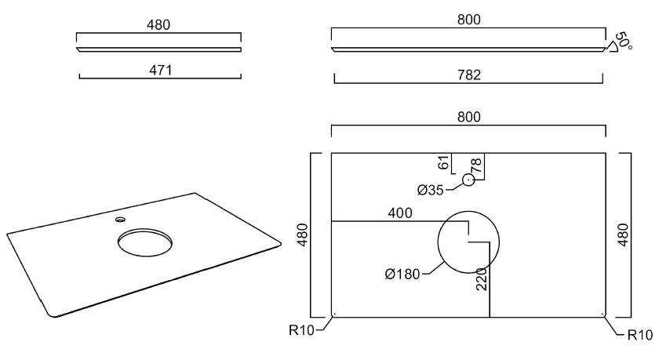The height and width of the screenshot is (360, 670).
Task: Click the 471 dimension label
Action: pyautogui.click(x=160, y=70)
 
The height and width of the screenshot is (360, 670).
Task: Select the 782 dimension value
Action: pyautogui.click(x=468, y=75)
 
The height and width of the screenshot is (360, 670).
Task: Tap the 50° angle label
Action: pyautogui.click(x=624, y=41)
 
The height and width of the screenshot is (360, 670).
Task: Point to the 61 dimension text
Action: pyautogui.click(x=444, y=162)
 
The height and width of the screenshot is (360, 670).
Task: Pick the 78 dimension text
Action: pyautogui.click(x=476, y=165)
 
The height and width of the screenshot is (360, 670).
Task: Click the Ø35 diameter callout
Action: pyautogui.click(x=430, y=190)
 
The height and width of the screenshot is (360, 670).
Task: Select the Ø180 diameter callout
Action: pyautogui.click(x=402, y=275)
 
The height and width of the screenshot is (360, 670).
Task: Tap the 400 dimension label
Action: pyautogui.click(x=400, y=213)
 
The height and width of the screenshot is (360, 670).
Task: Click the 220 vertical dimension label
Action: pyautogui.click(x=482, y=279)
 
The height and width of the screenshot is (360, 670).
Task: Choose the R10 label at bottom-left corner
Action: pyautogui.click(x=301, y=330)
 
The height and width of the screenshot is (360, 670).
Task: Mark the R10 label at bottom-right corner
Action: pyautogui.click(x=639, y=335)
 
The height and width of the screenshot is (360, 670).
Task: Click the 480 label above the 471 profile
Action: pyautogui.click(x=158, y=25)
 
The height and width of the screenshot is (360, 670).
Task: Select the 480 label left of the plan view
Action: pyautogui.click(x=303, y=235)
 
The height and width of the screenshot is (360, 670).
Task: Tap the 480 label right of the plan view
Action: pyautogui.click(x=624, y=235)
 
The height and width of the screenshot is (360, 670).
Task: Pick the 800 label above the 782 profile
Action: pyautogui.click(x=468, y=20)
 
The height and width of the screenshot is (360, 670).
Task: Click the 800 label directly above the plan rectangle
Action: pyautogui.click(x=468, y=117)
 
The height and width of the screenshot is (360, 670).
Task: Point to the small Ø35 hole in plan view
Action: pyautogui.click(x=468, y=180)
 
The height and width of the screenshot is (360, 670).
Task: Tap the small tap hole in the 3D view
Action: pyautogui.click(x=120, y=220)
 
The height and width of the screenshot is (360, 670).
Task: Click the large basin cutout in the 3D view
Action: pyautogui.click(x=145, y=242)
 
